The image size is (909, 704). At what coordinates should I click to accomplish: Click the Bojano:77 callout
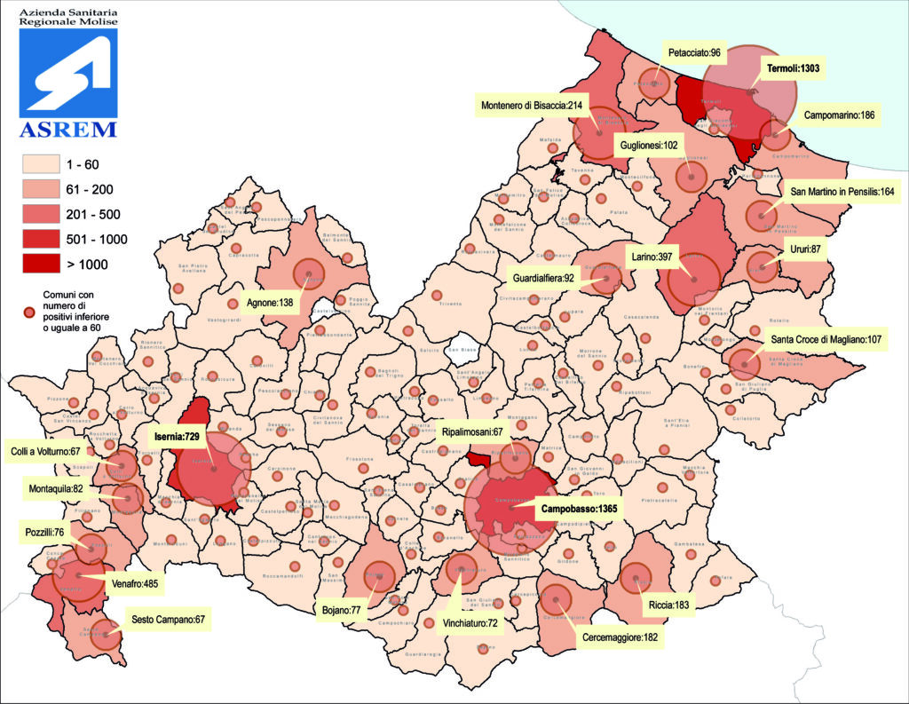click(343, 611)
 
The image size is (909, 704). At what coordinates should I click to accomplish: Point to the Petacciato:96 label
click(695, 53)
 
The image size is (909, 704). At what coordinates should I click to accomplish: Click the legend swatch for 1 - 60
click(43, 164)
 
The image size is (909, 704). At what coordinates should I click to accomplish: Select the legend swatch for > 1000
click(43, 264)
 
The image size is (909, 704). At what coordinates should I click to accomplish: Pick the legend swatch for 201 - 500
click(43, 214)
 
